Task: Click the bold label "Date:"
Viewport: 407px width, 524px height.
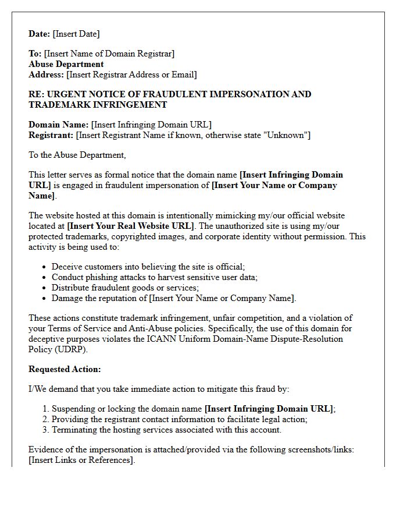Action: point(40,34)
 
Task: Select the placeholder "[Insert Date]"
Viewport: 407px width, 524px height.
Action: point(76,34)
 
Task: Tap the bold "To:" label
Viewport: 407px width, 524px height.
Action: point(35,54)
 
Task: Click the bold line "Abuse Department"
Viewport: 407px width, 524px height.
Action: point(66,64)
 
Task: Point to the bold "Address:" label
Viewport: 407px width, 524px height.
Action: point(47,75)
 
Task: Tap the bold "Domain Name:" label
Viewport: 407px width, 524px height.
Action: point(58,125)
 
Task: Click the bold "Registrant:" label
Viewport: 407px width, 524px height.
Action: point(51,135)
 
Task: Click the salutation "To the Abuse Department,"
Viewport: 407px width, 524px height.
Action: point(77,155)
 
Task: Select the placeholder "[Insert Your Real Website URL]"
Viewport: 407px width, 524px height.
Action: point(131,225)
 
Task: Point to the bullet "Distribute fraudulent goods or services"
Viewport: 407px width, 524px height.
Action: point(125,288)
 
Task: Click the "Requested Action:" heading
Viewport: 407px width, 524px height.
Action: point(65,369)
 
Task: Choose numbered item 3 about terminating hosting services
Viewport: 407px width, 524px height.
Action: point(166,430)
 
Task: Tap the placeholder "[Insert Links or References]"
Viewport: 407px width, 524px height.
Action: point(81,461)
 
